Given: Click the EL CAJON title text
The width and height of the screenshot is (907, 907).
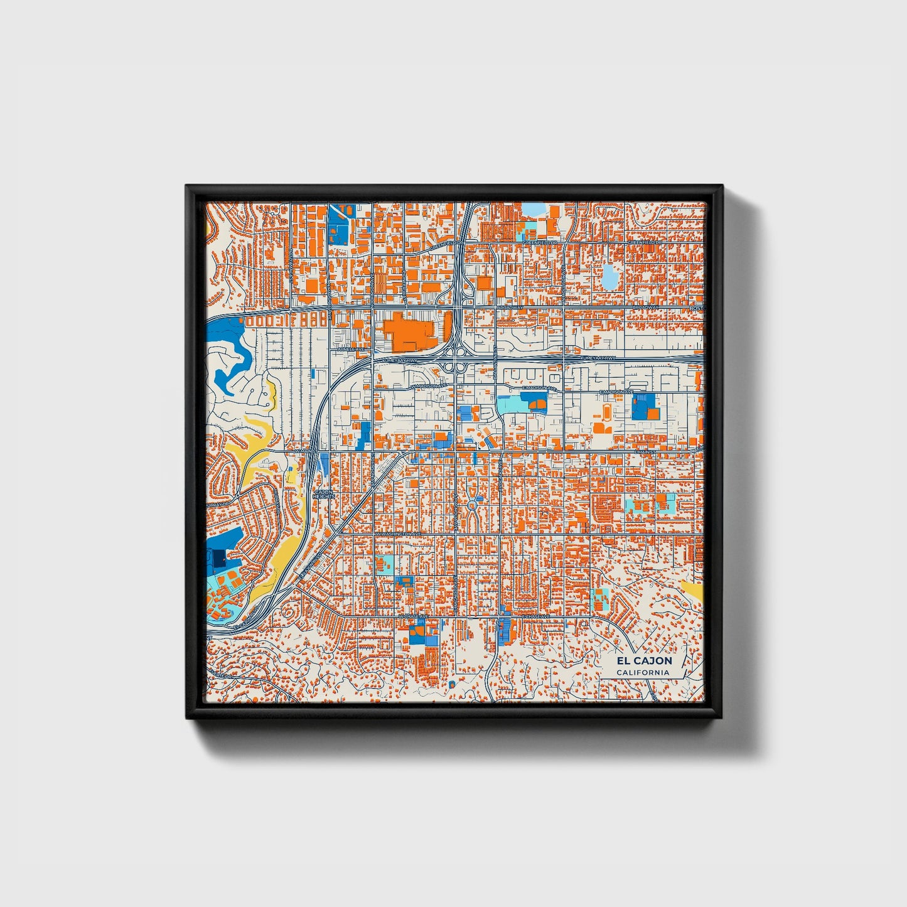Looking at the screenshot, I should click(643, 661).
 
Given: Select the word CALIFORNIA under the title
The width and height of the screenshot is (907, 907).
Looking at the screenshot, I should click(643, 673).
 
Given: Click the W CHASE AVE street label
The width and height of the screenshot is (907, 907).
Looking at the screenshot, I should click(413, 617).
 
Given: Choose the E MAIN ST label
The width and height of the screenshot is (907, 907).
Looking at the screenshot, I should click(645, 451).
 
